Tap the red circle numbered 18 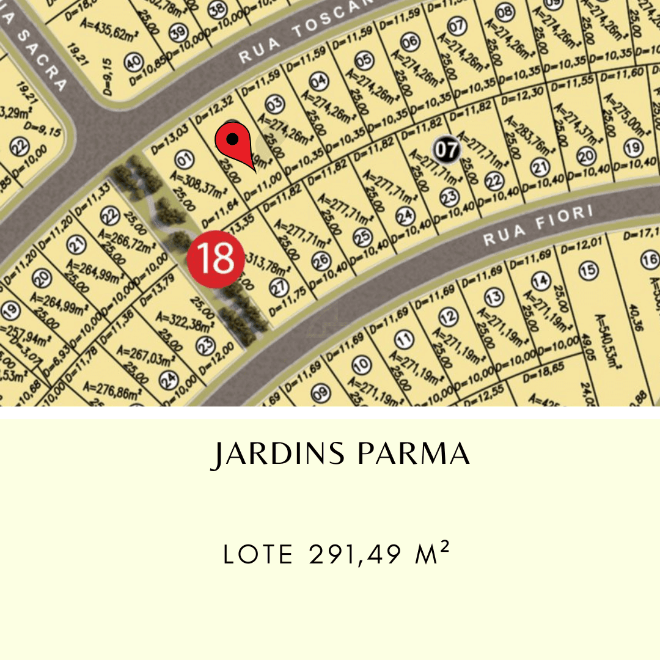[x=216, y=259]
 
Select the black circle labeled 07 [x=447, y=150]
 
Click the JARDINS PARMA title [x=340, y=455]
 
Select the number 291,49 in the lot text [x=356, y=555]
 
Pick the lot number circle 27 [x=278, y=286]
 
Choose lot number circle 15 [x=588, y=269]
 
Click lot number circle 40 [x=133, y=61]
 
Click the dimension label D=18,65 [x=546, y=371]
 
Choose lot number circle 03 [x=274, y=105]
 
